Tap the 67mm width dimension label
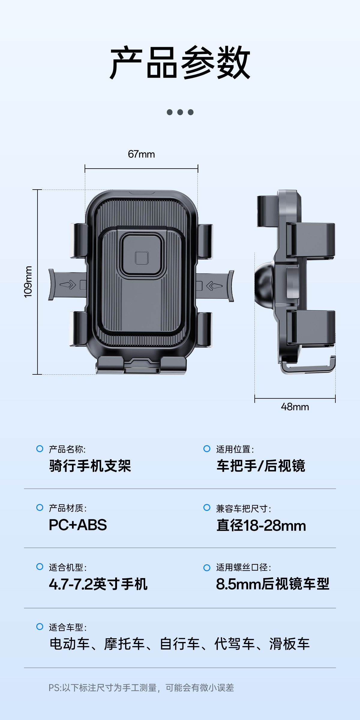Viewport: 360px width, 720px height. tap(141, 154)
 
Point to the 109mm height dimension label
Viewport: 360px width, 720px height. tap(28, 282)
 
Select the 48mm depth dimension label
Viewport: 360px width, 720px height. tap(295, 407)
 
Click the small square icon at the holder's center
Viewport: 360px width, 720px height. tap(142, 258)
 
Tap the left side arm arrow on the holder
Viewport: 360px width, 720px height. tap(68, 285)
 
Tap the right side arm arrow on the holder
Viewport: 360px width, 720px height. tap(214, 286)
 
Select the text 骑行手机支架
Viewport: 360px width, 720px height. tap(90, 466)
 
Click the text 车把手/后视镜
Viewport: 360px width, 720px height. tap(261, 466)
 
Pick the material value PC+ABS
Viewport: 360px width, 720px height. tap(78, 525)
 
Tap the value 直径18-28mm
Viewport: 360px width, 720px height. tap(261, 526)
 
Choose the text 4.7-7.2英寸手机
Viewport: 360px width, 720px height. tap(98, 584)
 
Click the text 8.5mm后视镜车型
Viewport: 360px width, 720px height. tap(272, 584)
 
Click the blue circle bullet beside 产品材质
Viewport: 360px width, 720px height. tap(40, 507)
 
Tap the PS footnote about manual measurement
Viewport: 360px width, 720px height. tap(141, 688)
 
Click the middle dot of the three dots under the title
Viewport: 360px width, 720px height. tap(180, 112)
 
